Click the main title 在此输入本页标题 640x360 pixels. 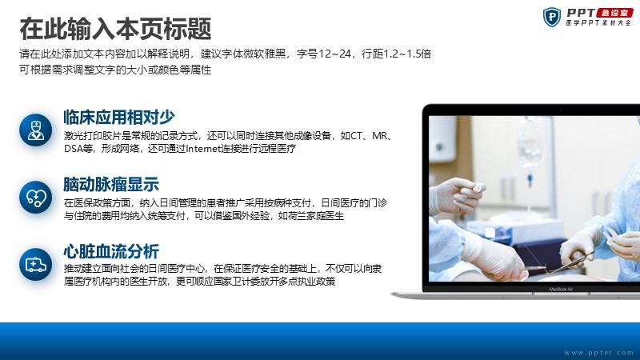(115, 29)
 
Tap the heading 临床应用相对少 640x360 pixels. (119, 117)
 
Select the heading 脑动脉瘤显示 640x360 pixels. (111, 185)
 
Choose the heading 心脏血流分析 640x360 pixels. (111, 251)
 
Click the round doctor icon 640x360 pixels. (35, 130)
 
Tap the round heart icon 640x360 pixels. (35, 198)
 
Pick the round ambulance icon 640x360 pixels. (35, 265)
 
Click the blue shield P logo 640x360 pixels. (552, 17)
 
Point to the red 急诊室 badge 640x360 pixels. (614, 13)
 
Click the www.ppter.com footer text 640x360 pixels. (598, 352)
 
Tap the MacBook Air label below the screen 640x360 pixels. (561, 289)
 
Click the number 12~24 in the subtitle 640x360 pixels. (334, 54)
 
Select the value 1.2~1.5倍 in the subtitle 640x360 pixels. (407, 54)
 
